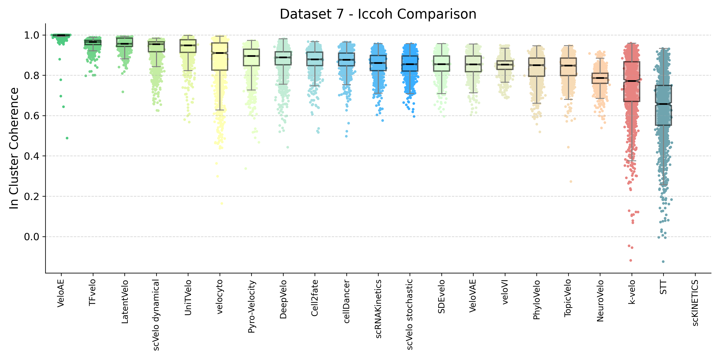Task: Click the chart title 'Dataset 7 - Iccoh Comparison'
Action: [378, 14]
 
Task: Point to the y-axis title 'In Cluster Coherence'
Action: [14, 148]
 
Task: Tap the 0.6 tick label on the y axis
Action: [31, 116]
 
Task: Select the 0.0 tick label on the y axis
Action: [31, 237]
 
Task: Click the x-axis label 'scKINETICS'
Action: [695, 303]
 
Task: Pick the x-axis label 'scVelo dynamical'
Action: [156, 315]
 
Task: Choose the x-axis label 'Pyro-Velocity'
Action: [252, 307]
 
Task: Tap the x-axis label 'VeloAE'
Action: [61, 293]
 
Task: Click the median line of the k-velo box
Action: [632, 81]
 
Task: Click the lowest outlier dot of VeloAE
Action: [67, 138]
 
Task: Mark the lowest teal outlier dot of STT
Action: [663, 262]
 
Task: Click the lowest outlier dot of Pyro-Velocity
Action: [246, 169]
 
